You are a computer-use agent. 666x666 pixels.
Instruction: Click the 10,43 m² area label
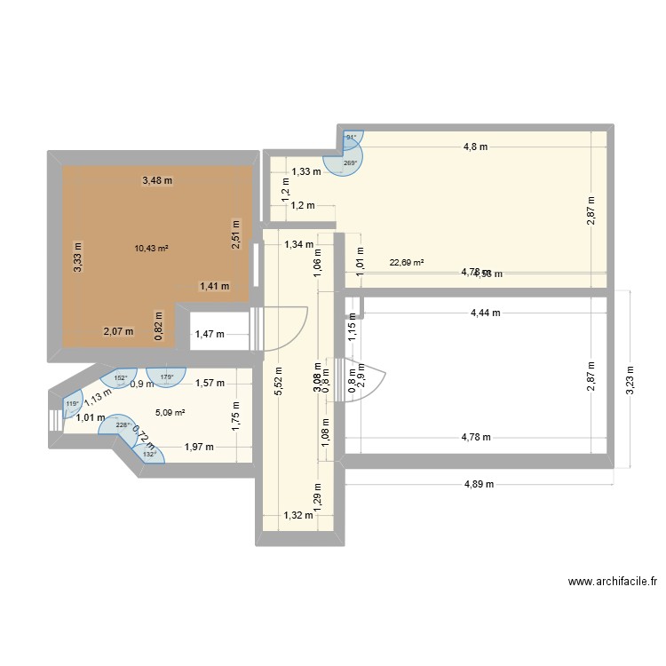point(150,249)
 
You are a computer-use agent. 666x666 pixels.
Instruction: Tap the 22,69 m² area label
point(407,263)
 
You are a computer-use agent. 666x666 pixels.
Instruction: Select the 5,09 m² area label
point(170,412)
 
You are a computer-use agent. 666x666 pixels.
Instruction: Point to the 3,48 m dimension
point(157,181)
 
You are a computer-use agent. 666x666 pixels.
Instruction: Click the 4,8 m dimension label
point(475,147)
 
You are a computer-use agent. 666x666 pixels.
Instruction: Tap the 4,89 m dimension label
point(479,484)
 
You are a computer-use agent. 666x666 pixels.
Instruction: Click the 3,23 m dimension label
point(631,378)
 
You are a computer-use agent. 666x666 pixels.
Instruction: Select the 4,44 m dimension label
point(484,313)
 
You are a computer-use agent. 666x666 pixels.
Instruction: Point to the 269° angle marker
point(350,163)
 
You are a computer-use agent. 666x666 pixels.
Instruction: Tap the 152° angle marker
point(119,377)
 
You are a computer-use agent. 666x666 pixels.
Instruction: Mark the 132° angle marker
point(149,454)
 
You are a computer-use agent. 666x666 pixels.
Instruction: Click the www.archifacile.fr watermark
point(613,583)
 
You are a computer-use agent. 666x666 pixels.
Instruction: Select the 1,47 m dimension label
point(210,335)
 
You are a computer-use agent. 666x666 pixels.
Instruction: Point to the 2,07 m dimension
point(118,331)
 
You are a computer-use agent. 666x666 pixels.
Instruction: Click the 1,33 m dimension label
point(306,171)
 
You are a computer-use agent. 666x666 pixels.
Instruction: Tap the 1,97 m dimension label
point(199,448)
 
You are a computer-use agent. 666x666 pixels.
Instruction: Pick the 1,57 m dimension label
point(210,384)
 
